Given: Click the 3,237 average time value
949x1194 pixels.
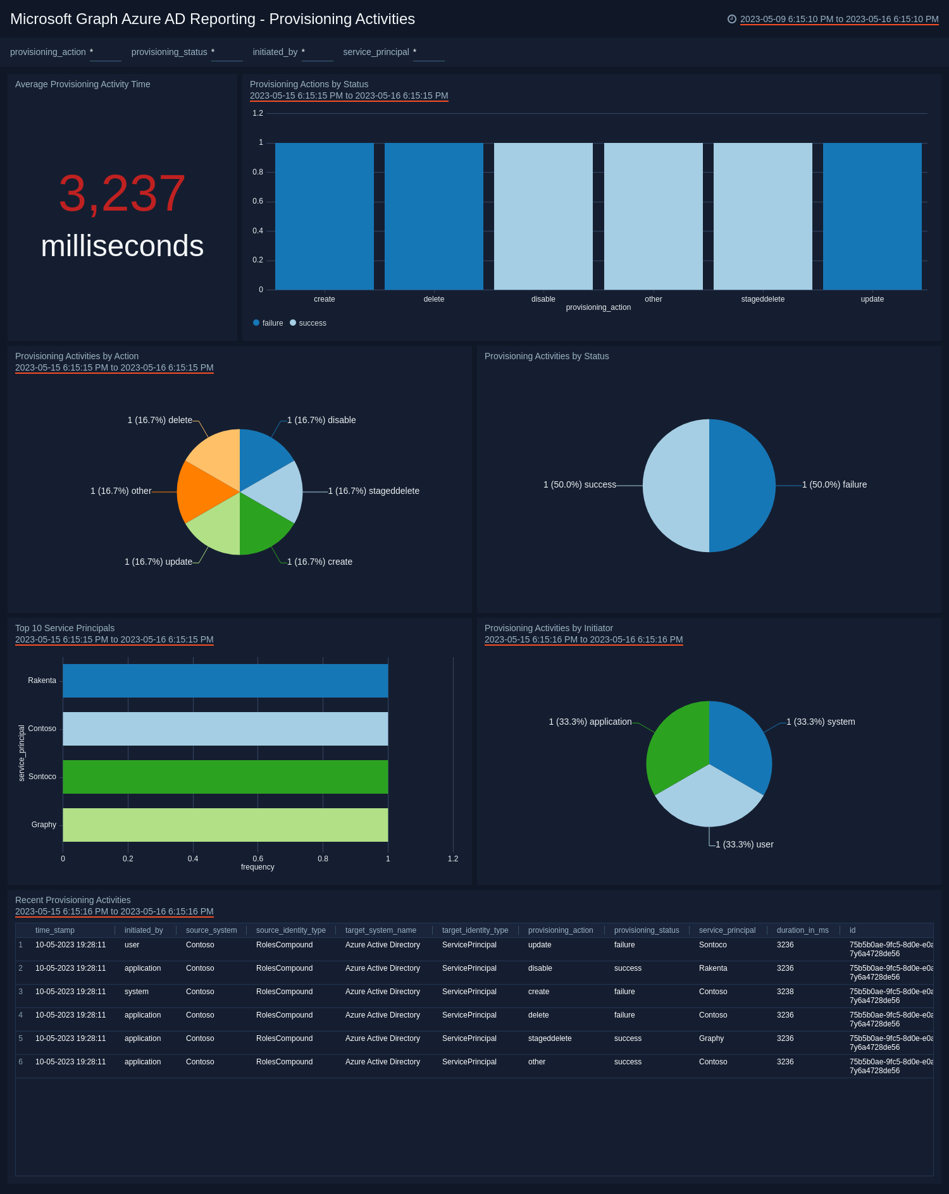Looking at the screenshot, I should click(122, 194).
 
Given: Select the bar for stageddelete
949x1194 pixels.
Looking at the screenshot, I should click(762, 216).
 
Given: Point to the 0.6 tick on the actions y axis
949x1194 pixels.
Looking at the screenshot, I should click(257, 201).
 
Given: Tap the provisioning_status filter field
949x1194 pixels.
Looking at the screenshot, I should click(226, 52).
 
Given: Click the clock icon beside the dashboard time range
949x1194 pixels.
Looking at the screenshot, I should click(732, 19).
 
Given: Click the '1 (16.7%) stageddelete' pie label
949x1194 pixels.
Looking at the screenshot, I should click(373, 491).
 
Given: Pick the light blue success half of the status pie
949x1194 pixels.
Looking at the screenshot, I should click(674, 485).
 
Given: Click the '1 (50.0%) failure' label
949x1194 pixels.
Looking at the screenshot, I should click(834, 484).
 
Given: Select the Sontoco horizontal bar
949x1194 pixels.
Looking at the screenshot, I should click(225, 777).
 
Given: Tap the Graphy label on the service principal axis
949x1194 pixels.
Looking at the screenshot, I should click(44, 825).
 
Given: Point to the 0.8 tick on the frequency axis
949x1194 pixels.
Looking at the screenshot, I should click(323, 859).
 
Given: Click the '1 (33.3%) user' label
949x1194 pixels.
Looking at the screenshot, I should click(744, 844).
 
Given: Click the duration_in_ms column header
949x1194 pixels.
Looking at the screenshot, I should click(802, 930).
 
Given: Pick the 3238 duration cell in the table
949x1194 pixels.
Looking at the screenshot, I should click(785, 992).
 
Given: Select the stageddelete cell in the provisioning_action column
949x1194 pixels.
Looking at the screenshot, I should click(549, 1038).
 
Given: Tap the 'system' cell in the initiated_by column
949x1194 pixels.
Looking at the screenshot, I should click(137, 992).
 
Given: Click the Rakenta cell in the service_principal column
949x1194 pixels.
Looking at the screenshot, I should click(713, 968).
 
